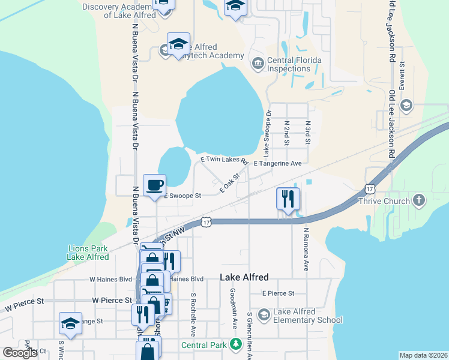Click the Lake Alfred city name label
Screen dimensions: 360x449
tap(244, 277)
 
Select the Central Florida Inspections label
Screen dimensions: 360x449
tap(294, 64)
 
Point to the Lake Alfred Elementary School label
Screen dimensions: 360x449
tap(308, 316)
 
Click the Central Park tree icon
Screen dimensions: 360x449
tap(237, 344)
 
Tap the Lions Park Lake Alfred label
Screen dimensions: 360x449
tap(88, 253)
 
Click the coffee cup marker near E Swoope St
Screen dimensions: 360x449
tap(154, 185)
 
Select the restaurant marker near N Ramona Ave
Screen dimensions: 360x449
tap(288, 199)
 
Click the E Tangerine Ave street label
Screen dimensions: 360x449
tap(277, 163)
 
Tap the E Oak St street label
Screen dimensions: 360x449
tap(229, 183)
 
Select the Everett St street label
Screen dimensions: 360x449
tap(402, 74)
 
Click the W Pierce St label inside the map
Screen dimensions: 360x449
tap(112, 300)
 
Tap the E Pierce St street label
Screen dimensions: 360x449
tap(278, 293)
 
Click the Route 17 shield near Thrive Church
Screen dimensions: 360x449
tap(370, 188)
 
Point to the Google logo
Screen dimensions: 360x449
tap(20, 352)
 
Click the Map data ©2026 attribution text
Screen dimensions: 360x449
tap(424, 355)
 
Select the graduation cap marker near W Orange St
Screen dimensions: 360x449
tap(70, 323)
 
